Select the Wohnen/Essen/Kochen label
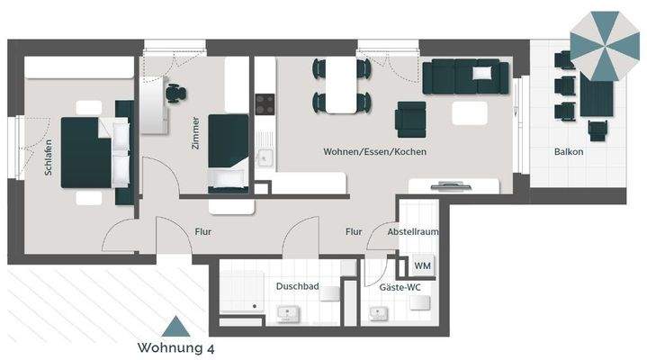click(374, 152)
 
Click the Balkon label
click(568, 152)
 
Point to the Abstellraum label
click(413, 231)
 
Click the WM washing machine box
click(422, 266)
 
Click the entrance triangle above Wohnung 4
click(175, 326)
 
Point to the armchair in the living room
click(411, 116)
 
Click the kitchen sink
click(264, 158)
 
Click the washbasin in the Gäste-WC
click(378, 313)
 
